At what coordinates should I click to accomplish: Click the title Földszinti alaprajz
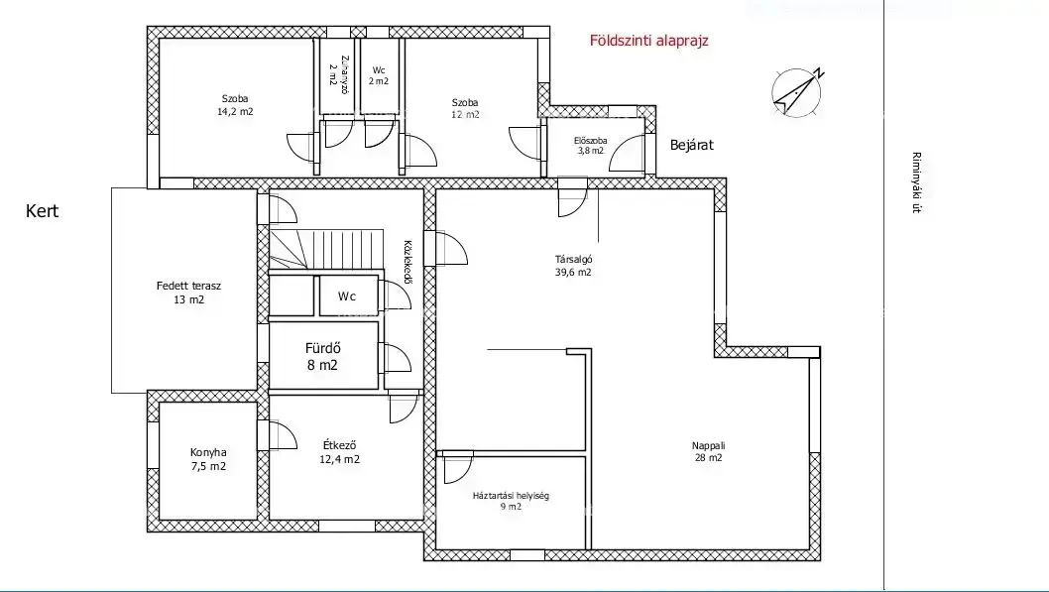(x=649, y=41)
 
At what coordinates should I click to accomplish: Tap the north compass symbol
(x=797, y=92)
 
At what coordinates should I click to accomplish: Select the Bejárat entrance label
(x=692, y=145)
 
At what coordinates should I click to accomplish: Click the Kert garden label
(x=43, y=211)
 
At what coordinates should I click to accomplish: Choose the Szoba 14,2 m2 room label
(x=235, y=106)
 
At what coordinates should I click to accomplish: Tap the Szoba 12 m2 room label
(x=465, y=108)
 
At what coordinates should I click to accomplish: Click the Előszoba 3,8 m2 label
(x=590, y=146)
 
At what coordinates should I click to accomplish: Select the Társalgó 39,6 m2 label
(x=573, y=266)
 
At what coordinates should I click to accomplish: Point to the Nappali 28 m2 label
(x=709, y=451)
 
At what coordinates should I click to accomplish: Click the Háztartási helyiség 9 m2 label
(x=511, y=501)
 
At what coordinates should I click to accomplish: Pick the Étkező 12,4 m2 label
(x=339, y=452)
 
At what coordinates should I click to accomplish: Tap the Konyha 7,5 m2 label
(x=208, y=459)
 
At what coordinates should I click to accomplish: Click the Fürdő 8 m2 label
(x=322, y=357)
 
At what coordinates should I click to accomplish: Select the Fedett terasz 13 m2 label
(x=188, y=293)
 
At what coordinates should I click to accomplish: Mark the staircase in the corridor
(x=326, y=250)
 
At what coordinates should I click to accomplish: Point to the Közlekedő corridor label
(x=407, y=262)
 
